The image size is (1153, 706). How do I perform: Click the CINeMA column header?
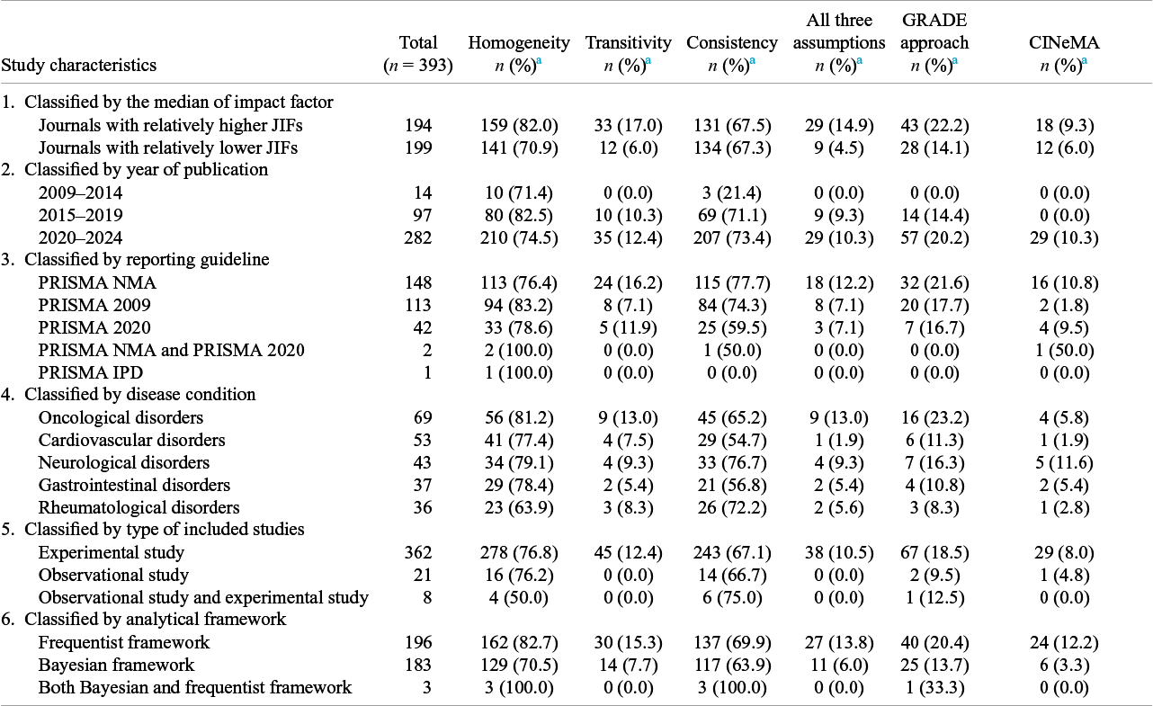pos(1064,54)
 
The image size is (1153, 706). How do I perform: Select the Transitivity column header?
pos(628,54)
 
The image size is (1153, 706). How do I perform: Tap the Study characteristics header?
pos(79,66)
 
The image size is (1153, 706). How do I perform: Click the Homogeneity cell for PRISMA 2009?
pos(519,305)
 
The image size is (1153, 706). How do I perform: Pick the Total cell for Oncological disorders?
pos(423,417)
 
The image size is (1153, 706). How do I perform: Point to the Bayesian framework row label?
pos(116,665)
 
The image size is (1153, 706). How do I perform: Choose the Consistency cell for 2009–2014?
pos(731,193)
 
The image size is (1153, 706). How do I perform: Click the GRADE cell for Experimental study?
pos(934,552)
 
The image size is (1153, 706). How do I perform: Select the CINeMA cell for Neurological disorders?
pos(1064,462)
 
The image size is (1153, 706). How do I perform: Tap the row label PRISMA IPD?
pos(91,372)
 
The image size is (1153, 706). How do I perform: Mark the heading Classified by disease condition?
pos(140,395)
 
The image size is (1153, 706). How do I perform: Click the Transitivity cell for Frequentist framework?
pos(628,643)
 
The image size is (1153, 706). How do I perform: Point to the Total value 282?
pos(418,237)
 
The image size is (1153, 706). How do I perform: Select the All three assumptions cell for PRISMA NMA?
pos(839,283)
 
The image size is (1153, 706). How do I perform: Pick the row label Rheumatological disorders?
pos(139,507)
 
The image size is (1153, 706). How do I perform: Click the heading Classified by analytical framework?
pos(155,619)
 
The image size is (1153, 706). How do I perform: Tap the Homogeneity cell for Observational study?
pos(519,575)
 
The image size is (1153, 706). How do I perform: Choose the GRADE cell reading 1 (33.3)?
pos(934,687)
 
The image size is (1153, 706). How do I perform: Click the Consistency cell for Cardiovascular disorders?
pos(731,440)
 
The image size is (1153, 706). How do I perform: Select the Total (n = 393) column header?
pos(418,54)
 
